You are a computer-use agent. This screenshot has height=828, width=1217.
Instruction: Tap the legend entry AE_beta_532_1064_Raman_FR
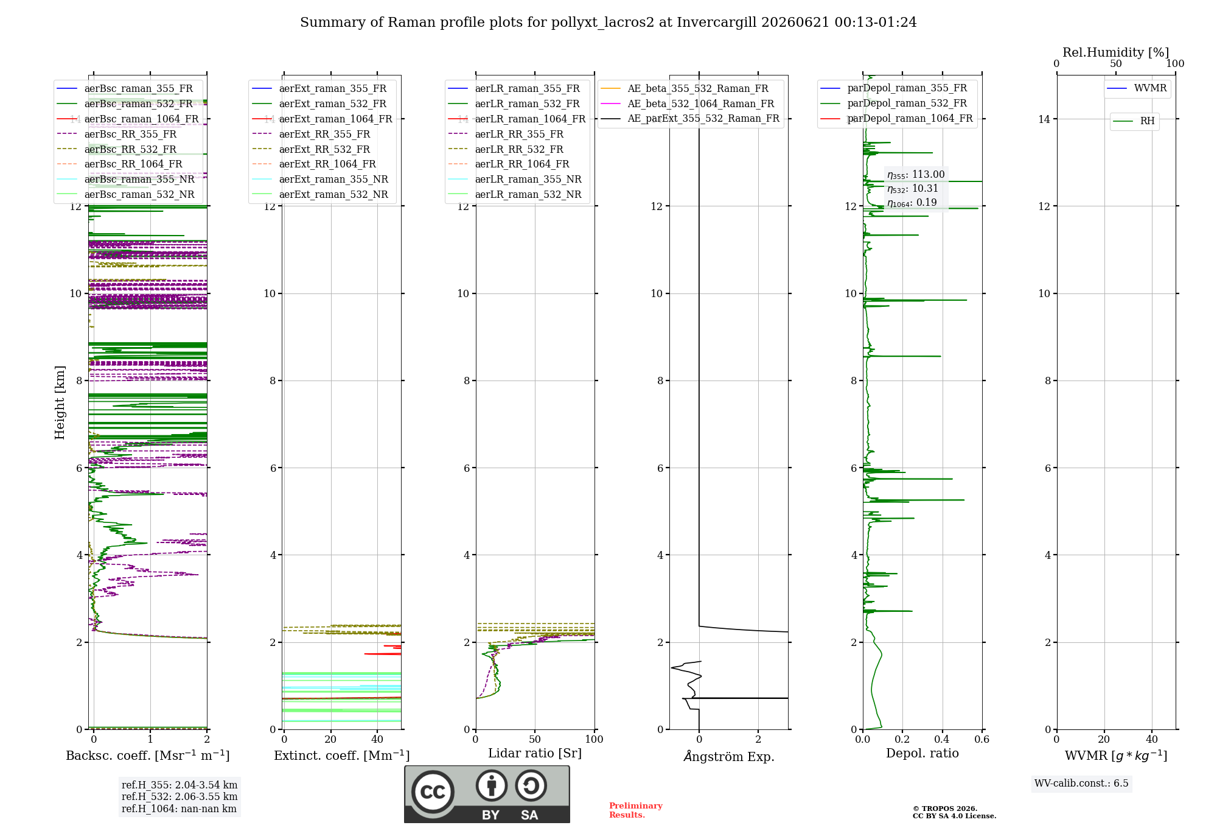pos(687,104)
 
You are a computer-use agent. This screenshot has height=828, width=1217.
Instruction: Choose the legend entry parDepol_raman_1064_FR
pos(896,119)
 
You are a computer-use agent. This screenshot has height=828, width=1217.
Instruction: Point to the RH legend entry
pos(1134,121)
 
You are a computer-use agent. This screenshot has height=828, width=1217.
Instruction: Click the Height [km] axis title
pos(60,402)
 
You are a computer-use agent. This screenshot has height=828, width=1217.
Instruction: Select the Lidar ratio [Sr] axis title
pos(535,754)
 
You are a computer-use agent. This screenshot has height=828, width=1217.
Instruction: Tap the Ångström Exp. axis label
pos(729,756)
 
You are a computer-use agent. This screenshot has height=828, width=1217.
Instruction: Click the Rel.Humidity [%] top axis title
pos(1116,52)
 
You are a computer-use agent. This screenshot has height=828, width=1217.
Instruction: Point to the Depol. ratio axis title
pos(922,754)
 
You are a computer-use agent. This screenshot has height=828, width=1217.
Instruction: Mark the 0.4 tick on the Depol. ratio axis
pos(942,740)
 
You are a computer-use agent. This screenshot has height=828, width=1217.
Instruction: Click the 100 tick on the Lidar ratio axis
pos(595,740)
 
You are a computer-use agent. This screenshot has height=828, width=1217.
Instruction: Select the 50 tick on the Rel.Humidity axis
pos(1116,64)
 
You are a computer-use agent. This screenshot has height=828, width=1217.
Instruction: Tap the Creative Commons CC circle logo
pos(433,791)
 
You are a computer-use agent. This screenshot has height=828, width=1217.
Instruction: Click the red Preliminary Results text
pos(636,810)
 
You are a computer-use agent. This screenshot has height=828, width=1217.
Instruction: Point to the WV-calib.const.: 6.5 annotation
pos(1081,784)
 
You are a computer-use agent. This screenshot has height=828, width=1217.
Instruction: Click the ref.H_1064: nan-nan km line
pos(179,809)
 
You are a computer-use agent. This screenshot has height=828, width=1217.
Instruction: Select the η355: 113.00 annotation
pos(916,175)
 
